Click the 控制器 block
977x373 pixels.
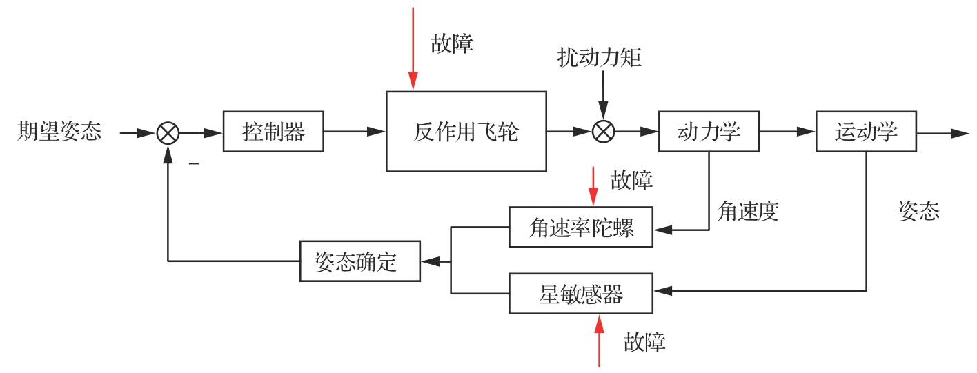pyautogui.click(x=274, y=131)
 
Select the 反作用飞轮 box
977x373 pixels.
pyautogui.click(x=466, y=131)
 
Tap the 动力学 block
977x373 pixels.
pyautogui.click(x=709, y=131)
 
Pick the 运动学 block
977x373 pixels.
pyautogui.click(x=867, y=131)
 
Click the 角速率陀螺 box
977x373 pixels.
pyautogui.click(x=581, y=227)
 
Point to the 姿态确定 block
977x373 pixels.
pyautogui.click(x=360, y=261)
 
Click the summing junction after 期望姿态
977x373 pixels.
pyautogui.click(x=167, y=132)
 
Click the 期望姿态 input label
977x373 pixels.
pyautogui.click(x=59, y=131)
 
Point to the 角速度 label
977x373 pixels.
pyautogui.click(x=748, y=211)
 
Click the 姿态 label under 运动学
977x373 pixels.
pyautogui.click(x=918, y=211)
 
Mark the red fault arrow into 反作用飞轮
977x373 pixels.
pyautogui.click(x=413, y=48)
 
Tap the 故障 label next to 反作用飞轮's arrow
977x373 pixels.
pyautogui.click(x=453, y=43)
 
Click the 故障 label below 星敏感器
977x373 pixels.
pyautogui.click(x=645, y=342)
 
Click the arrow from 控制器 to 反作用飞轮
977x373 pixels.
pyautogui.click(x=355, y=131)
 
